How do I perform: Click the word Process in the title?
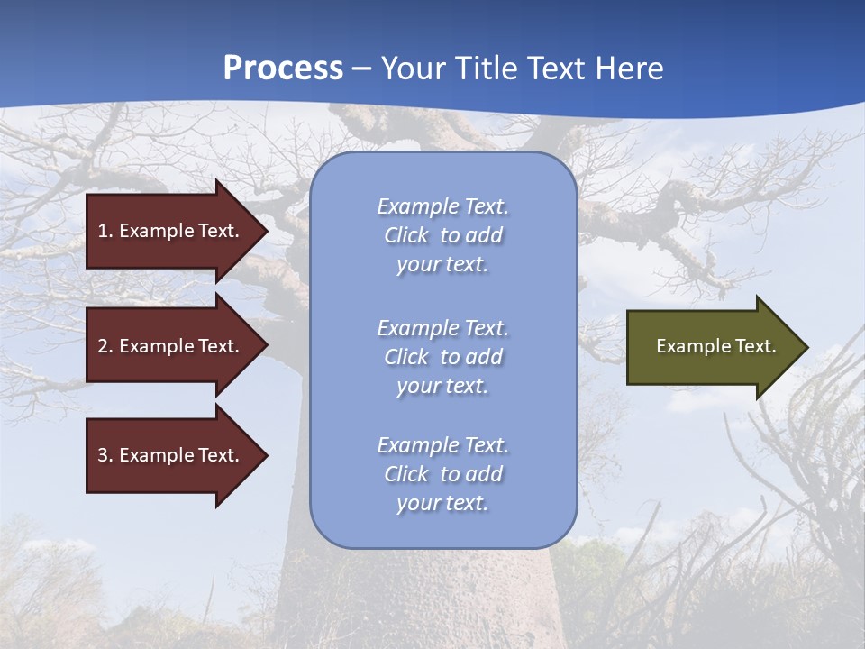coord(283,69)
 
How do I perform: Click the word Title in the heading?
coord(486,69)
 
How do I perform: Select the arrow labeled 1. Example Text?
coord(171,231)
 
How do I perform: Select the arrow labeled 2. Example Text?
coord(171,346)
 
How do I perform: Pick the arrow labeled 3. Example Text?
coord(171,455)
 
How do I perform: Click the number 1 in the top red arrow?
coord(103,231)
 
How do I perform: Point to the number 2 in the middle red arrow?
coord(103,346)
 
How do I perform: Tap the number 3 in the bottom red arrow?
coord(103,455)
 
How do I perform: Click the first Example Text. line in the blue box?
coord(442,206)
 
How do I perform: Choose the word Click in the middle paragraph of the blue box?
coord(406,357)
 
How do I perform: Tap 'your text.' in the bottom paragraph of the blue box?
coord(442,503)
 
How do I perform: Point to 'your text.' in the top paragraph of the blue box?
coord(442,265)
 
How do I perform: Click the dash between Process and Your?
coord(362,69)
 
